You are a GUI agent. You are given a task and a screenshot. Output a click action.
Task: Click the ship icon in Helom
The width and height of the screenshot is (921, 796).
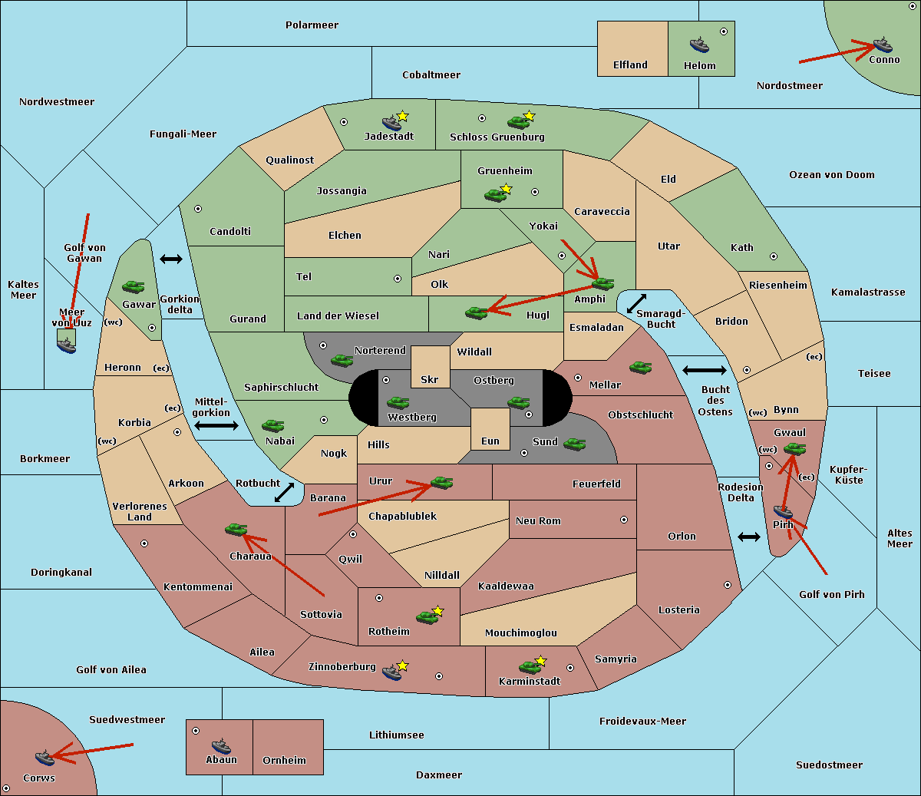coord(699,45)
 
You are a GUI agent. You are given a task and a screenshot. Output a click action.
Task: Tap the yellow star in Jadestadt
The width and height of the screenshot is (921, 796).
coord(402,117)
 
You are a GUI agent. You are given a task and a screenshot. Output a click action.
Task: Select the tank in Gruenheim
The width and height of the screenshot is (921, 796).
coord(495,195)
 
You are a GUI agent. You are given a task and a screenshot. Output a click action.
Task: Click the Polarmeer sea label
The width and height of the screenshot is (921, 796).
coord(312,25)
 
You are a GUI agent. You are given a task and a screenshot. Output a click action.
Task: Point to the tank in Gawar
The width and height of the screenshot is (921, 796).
coord(134,286)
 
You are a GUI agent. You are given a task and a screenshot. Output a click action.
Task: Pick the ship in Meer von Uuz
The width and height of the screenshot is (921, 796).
coord(67,345)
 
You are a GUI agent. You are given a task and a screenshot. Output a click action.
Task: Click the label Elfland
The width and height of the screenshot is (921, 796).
coord(630,65)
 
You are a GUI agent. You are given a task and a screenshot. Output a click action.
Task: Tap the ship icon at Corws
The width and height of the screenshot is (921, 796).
coord(45,757)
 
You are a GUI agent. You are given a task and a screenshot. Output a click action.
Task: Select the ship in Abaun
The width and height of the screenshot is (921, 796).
coord(221,745)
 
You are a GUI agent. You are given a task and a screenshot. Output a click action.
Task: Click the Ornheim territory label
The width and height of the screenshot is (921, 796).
coord(284,761)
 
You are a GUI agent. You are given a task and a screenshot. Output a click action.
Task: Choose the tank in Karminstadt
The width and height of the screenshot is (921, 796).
coord(530,667)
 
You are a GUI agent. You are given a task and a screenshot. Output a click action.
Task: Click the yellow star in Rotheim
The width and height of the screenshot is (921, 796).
coord(437,610)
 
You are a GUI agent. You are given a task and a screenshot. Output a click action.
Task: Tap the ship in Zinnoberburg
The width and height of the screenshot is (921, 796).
coord(391,672)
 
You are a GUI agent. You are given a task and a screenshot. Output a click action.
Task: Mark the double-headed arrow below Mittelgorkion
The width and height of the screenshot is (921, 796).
coord(216,425)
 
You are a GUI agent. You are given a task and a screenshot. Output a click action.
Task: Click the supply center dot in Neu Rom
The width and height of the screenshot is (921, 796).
coord(624,520)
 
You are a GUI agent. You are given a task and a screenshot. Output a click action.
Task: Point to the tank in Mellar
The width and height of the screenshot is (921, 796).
coord(640,368)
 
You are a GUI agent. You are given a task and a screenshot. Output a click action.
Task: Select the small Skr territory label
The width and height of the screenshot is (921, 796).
coord(429,380)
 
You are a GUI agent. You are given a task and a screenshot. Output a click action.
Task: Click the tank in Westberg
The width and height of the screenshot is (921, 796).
coord(398,403)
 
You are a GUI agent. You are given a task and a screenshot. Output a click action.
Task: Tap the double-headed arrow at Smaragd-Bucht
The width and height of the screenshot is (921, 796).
coord(636,303)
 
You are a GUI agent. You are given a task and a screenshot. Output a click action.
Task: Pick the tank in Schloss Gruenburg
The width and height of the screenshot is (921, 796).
coord(518,122)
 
